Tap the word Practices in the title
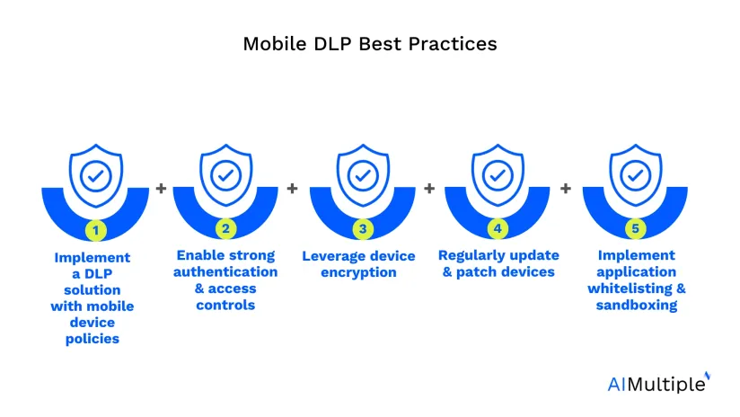point(453,44)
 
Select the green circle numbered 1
point(96,230)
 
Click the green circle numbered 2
point(225,229)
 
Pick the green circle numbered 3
point(363,229)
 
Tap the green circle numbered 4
point(498,229)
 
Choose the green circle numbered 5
point(635,229)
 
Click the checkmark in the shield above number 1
point(96,176)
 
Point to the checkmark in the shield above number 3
point(363,175)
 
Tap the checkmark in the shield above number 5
point(635,175)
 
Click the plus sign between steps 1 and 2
point(161,189)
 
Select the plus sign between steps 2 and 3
point(292,189)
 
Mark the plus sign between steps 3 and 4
point(429,189)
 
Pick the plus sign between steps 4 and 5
point(566,189)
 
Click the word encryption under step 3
point(358,272)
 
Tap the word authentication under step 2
point(225,271)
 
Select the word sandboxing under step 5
point(637,305)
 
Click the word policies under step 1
point(92,339)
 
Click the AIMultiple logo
point(659,383)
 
